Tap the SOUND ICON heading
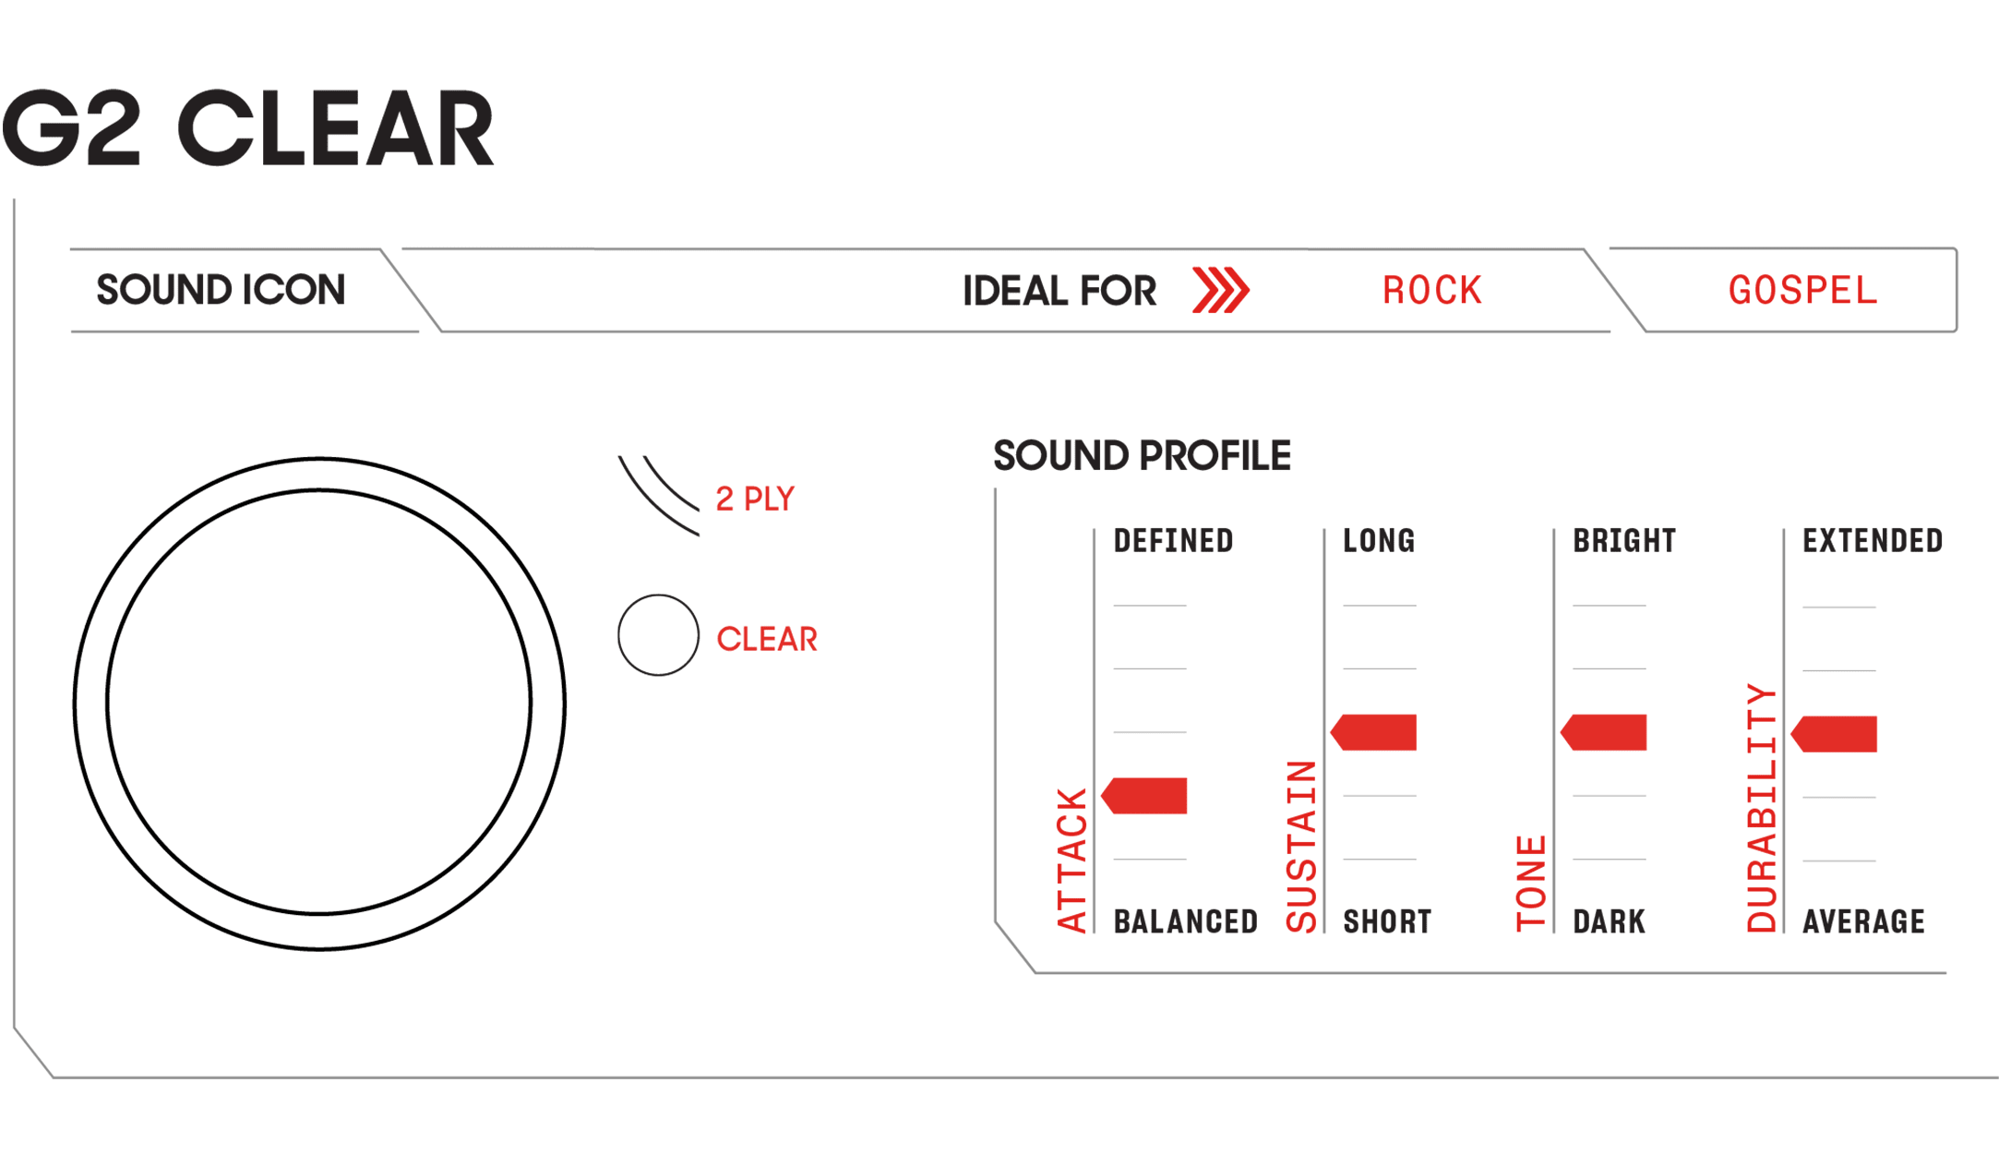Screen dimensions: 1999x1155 (221, 290)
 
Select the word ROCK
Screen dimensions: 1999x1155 (1431, 291)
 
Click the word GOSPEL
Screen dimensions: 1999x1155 (1802, 291)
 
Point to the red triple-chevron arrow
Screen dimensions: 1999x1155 (1220, 290)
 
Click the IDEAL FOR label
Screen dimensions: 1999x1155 (1059, 291)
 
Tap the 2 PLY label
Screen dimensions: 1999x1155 (755, 499)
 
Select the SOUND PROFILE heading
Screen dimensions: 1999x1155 (1142, 455)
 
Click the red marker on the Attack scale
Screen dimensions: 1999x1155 (1144, 796)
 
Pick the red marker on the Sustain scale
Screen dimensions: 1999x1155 (1373, 732)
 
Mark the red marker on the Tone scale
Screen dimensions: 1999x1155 (1603, 732)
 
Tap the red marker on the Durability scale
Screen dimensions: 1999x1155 (1834, 734)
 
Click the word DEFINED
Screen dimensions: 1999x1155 (1173, 541)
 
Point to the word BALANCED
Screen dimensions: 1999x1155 (1186, 921)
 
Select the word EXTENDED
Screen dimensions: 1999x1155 (1873, 541)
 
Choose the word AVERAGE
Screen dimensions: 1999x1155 (1863, 921)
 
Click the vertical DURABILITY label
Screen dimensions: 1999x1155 (1762, 808)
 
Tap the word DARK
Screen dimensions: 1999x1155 (1609, 921)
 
